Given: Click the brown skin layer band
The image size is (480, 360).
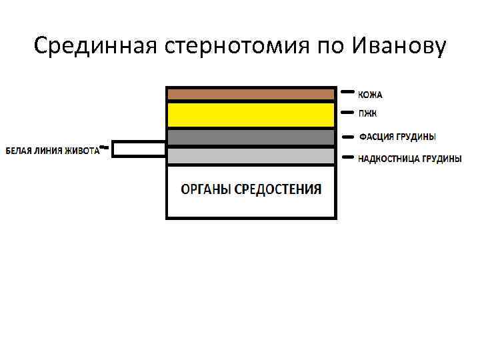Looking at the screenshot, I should [x=251, y=94].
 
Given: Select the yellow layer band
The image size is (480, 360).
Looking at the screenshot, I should [x=251, y=115].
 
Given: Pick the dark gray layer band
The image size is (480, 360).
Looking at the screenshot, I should [x=251, y=137].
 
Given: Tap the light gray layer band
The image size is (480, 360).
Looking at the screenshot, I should [x=251, y=156].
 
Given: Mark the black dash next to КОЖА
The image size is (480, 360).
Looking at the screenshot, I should [x=347, y=92].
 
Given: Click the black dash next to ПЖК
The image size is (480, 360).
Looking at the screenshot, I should [x=347, y=112].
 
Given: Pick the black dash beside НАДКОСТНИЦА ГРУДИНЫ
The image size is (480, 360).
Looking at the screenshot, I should [x=347, y=158].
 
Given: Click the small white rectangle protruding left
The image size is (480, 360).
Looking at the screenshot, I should [x=139, y=149].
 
